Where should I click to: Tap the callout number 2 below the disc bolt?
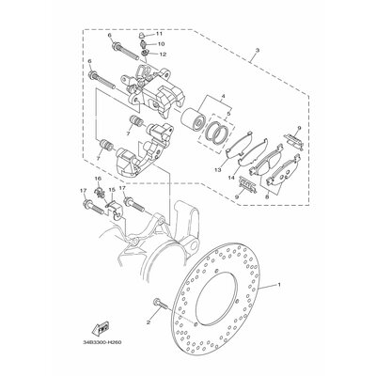(149, 321)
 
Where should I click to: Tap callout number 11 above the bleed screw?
(159, 34)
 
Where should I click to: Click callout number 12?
(163, 55)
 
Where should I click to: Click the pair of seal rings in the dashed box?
(221, 134)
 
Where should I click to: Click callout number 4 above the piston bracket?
(223, 96)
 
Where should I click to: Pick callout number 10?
(161, 44)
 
